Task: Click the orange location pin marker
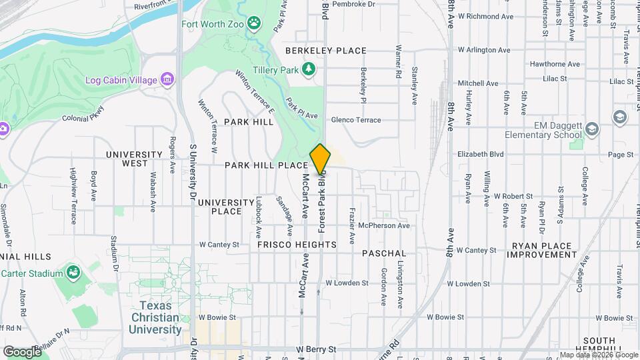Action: pos(320,159)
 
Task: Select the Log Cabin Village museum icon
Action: pos(167,80)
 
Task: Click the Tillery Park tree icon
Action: pos(308,69)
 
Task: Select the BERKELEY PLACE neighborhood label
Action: pos(326,51)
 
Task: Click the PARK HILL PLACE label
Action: pos(266,165)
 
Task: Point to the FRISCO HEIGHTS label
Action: pos(297,245)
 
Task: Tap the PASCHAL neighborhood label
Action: pos(384,254)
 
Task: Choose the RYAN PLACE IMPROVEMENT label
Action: pos(542,250)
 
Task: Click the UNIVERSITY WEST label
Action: pos(135,159)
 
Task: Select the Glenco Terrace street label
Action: pos(355,120)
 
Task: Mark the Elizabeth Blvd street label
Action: pos(480,153)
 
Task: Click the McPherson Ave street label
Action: pos(383,226)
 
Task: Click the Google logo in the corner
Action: pos(22,351)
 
